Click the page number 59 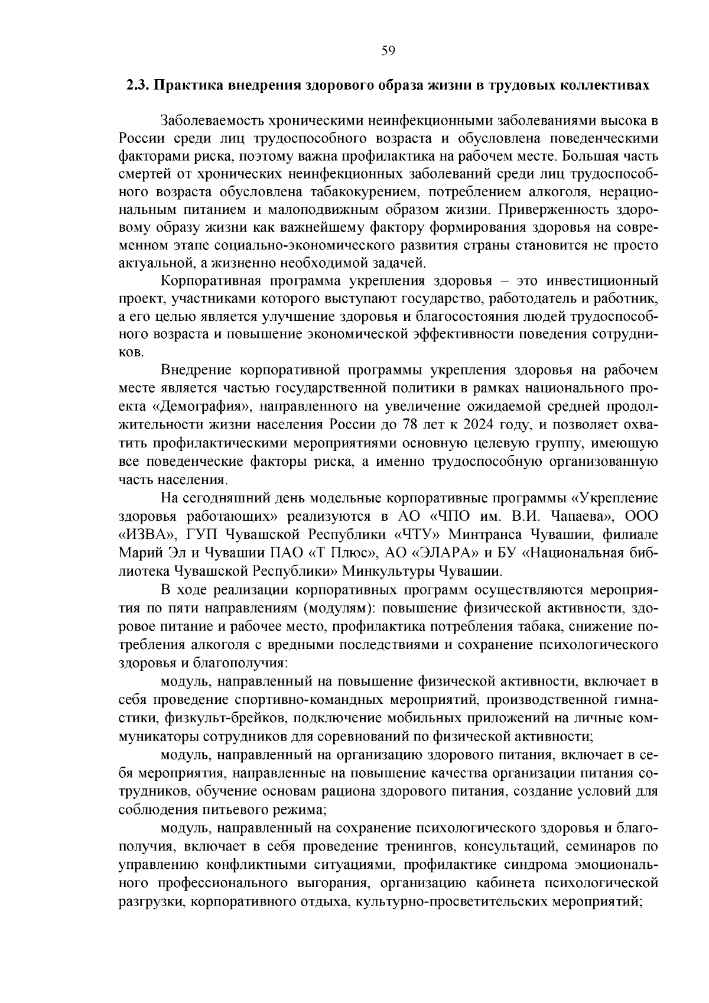point(388,51)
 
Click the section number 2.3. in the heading point(138,85)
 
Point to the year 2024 point(483,425)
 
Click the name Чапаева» point(581,517)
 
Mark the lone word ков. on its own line point(131,352)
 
